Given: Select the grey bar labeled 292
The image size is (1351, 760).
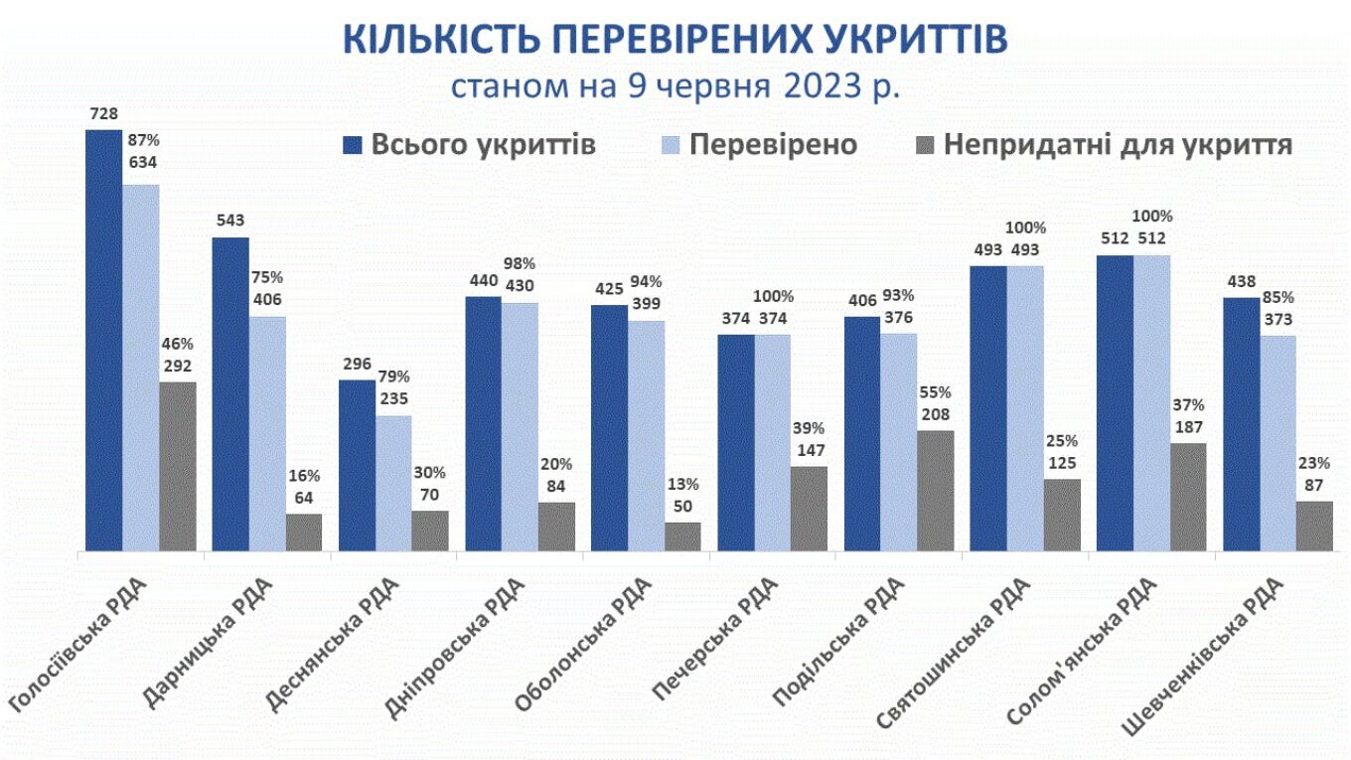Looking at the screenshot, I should [178, 466].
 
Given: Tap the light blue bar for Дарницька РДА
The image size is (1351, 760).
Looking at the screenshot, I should [267, 433].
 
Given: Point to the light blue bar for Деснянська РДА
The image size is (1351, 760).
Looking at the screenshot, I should [393, 483].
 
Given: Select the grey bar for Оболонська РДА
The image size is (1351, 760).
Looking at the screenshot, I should [682, 536].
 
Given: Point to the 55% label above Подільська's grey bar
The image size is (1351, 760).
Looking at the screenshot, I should [935, 392].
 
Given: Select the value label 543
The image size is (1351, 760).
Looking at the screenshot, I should [229, 221].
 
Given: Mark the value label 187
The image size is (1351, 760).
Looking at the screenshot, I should [1187, 427].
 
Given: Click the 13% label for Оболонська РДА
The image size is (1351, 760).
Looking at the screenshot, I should [682, 485].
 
